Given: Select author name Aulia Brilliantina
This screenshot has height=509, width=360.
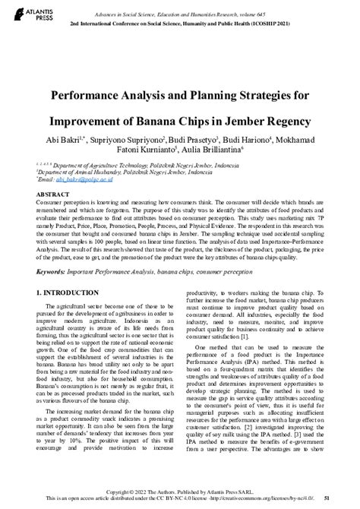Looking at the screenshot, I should click(214, 153).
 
